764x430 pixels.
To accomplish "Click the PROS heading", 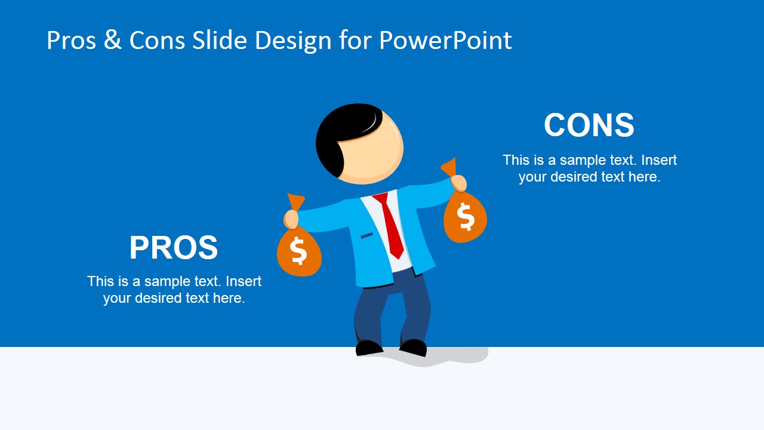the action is coord(174,247).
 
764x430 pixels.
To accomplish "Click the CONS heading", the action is coord(589,125).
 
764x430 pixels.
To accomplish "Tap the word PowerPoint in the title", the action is coord(445,41).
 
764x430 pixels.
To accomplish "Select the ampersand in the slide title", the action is coord(113,40).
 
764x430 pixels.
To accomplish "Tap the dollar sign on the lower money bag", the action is coord(298,251).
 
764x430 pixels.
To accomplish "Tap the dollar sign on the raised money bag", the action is coord(466,216).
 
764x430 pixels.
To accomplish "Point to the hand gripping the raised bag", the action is coord(459,183).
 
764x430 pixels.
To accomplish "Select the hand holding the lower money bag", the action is coord(291,219).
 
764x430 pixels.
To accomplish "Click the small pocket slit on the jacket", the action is coord(366,235).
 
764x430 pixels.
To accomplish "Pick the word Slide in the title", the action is coord(219,40).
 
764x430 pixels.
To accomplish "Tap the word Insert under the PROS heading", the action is coord(244,281).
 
